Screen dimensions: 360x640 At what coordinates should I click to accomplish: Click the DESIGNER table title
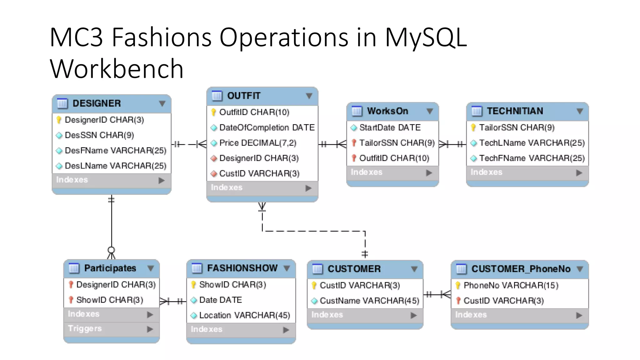[x=97, y=103]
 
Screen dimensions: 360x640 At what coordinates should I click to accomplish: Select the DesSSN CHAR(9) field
[x=99, y=135]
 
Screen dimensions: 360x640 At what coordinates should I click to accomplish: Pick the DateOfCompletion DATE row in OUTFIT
[x=267, y=127]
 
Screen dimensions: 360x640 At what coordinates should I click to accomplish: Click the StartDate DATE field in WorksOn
[x=390, y=127]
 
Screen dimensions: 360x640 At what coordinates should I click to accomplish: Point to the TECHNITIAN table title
[x=515, y=111]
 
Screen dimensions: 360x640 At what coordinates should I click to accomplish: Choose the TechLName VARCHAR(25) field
[x=532, y=143]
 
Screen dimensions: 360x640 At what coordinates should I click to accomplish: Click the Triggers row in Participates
[x=85, y=328]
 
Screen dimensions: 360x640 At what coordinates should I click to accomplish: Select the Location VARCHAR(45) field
[x=244, y=315]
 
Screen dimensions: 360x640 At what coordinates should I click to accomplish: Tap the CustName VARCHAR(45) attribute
[x=369, y=301]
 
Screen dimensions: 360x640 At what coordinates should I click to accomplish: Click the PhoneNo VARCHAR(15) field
[x=511, y=285]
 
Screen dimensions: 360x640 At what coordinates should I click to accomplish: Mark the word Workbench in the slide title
[x=117, y=69]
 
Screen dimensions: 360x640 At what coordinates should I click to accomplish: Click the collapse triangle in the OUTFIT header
[x=309, y=96]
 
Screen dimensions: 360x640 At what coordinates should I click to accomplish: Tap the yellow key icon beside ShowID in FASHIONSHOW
[x=193, y=285]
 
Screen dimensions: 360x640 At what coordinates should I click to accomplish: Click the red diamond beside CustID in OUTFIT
[x=214, y=174]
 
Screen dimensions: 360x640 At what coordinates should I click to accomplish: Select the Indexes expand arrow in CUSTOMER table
[x=413, y=315]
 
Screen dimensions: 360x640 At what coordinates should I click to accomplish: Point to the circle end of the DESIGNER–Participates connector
[x=111, y=250]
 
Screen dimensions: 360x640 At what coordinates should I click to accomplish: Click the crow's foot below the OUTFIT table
[x=262, y=207]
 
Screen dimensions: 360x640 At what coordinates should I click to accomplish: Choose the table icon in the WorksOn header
[x=357, y=111]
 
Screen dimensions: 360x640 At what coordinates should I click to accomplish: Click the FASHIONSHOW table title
[x=242, y=268]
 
